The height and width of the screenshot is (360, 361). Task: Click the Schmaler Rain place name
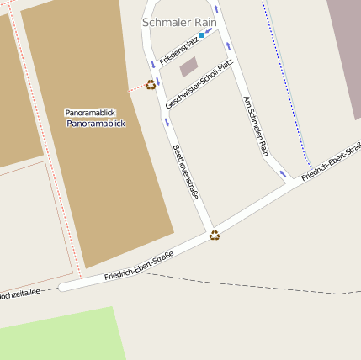(x=179, y=22)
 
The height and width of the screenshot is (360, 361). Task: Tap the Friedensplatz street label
(x=178, y=50)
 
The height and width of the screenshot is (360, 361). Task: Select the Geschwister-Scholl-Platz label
(x=199, y=83)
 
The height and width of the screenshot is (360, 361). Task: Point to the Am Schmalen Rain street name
(x=255, y=125)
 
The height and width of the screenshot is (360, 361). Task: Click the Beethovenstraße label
(x=185, y=172)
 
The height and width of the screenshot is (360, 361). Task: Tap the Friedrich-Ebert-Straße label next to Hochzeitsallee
(x=139, y=265)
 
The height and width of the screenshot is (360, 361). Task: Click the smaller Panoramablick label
(x=90, y=112)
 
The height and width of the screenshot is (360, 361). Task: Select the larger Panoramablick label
(x=96, y=123)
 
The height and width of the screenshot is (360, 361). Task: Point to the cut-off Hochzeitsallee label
(x=19, y=294)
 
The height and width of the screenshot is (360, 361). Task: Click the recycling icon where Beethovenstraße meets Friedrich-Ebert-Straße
(x=215, y=236)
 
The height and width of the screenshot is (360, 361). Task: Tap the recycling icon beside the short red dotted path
(x=151, y=84)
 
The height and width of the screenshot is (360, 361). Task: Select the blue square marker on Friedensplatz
(x=201, y=36)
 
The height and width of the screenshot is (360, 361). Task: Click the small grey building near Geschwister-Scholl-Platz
(x=189, y=66)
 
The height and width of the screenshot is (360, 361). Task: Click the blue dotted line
(x=286, y=84)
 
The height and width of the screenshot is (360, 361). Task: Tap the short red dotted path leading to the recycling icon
(x=136, y=87)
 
